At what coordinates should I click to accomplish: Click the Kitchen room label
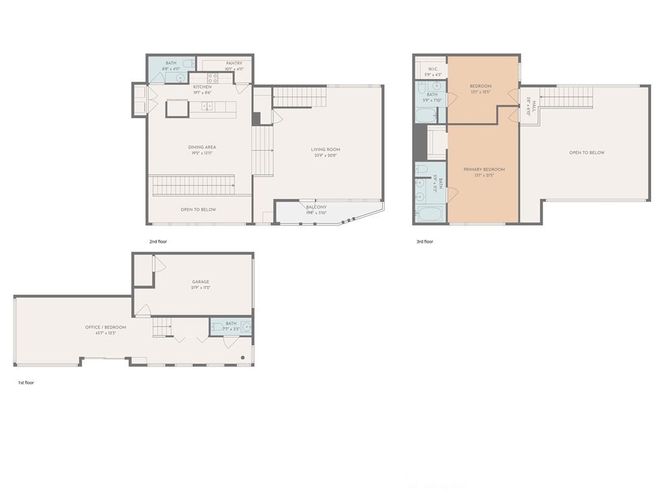click(x=202, y=87)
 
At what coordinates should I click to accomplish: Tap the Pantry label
click(x=234, y=63)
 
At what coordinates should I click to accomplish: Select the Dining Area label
click(x=202, y=147)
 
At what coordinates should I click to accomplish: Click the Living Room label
click(x=325, y=149)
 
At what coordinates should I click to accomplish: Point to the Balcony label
click(x=316, y=207)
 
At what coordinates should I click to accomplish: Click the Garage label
click(x=201, y=282)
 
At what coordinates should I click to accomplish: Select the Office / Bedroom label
click(x=106, y=327)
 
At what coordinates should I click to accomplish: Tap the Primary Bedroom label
click(x=484, y=169)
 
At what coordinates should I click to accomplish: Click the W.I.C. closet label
click(x=432, y=69)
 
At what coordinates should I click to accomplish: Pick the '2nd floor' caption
click(x=158, y=242)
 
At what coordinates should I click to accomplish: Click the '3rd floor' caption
click(x=424, y=242)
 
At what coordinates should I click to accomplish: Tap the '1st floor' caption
click(x=26, y=382)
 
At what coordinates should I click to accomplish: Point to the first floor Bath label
click(x=231, y=323)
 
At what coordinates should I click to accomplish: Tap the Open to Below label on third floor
click(x=587, y=153)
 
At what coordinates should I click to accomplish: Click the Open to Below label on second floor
click(x=198, y=210)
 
